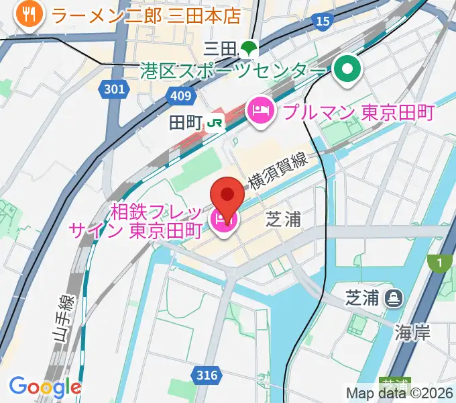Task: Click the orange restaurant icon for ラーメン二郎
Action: (x=27, y=13)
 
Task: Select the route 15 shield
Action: (x=323, y=21)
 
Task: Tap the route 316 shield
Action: (x=207, y=375)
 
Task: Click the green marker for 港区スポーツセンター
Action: (x=347, y=69)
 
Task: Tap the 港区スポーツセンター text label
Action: (x=234, y=70)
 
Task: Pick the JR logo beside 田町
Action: (x=215, y=122)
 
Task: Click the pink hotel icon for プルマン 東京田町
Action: (x=260, y=111)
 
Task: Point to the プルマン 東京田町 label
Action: (x=358, y=112)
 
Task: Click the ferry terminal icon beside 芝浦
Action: (x=394, y=296)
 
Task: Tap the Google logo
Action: (x=45, y=388)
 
